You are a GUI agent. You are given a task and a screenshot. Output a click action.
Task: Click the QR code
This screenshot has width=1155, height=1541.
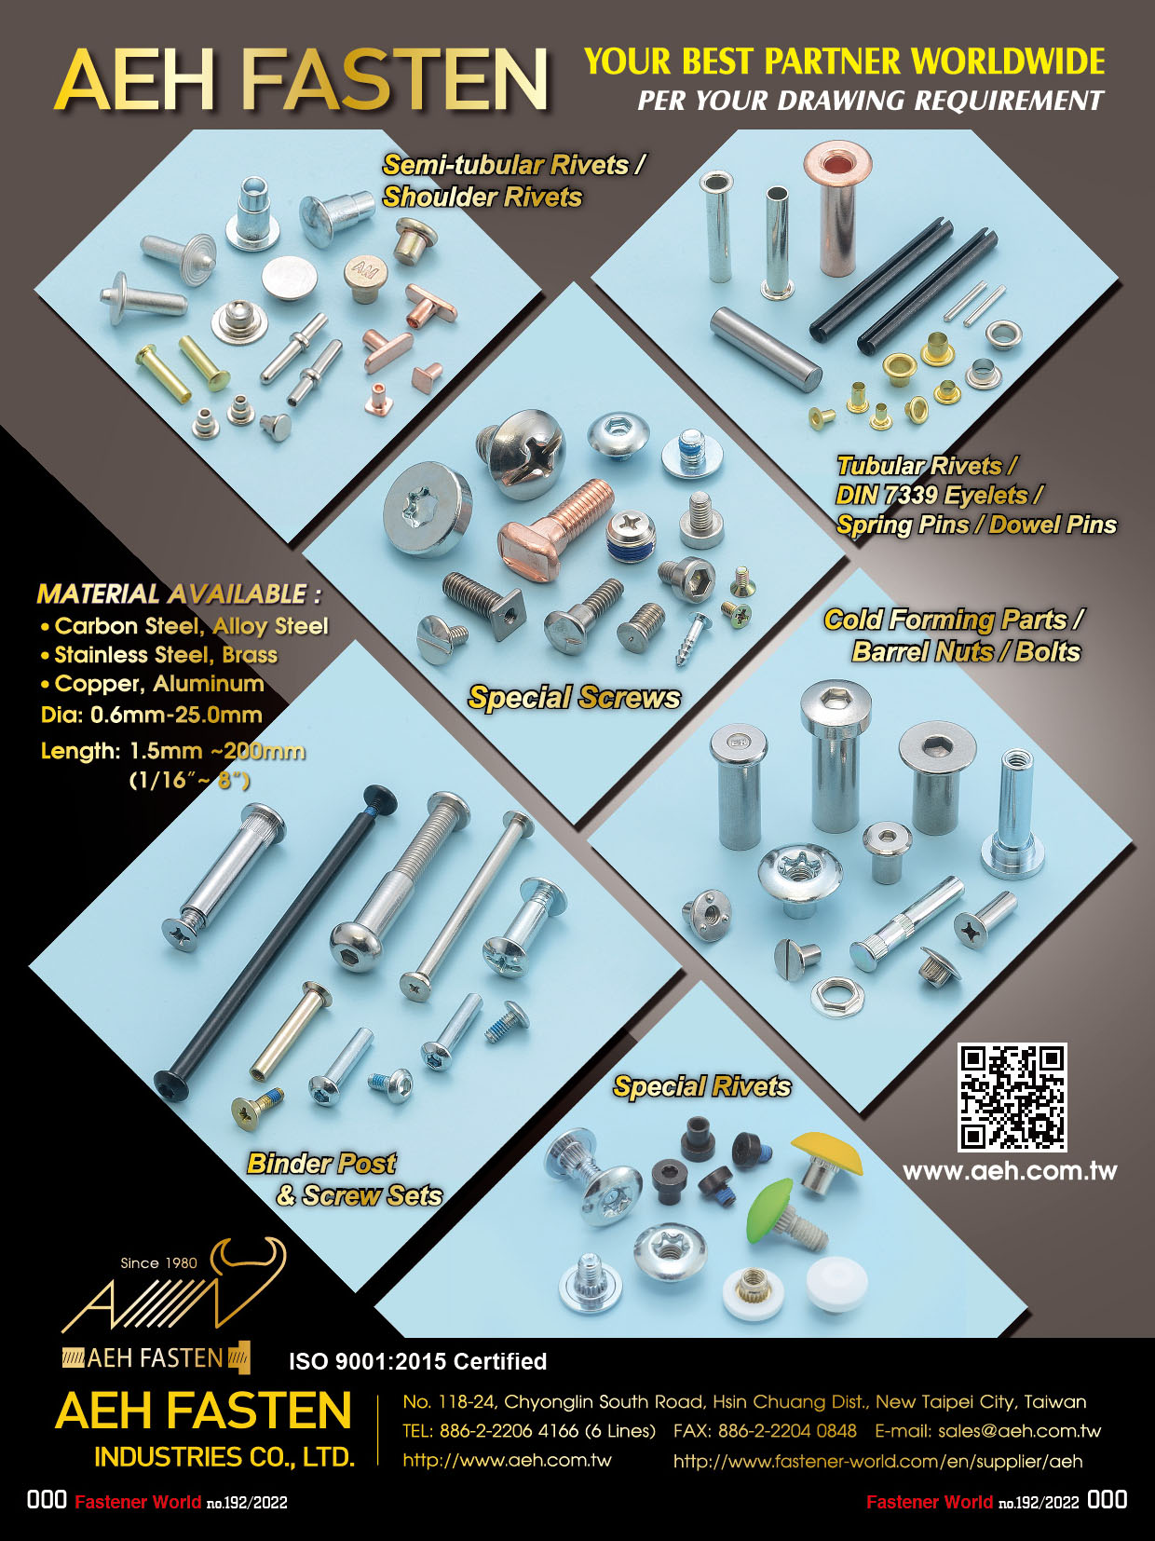click(x=1012, y=1097)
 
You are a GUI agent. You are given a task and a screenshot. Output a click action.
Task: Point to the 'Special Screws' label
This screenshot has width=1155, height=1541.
click(x=574, y=698)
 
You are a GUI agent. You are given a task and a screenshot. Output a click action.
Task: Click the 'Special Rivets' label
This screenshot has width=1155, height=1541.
click(x=701, y=1086)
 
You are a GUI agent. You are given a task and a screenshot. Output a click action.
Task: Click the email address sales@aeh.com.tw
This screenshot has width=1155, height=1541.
click(x=1019, y=1431)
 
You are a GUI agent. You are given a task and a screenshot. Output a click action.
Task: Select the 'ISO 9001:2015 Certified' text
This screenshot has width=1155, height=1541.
click(x=417, y=1361)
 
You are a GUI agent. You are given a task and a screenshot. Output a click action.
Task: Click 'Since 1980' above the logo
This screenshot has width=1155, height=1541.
click(x=158, y=1263)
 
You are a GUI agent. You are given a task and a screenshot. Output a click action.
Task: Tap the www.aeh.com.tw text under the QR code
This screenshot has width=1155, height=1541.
click(x=1010, y=1171)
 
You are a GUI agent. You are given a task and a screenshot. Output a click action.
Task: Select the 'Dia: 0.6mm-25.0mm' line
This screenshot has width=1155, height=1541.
click(x=151, y=716)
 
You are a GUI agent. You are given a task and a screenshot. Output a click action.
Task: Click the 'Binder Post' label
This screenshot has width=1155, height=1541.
click(x=321, y=1164)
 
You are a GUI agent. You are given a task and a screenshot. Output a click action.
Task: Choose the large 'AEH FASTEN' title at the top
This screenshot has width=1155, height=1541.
click(x=301, y=80)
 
